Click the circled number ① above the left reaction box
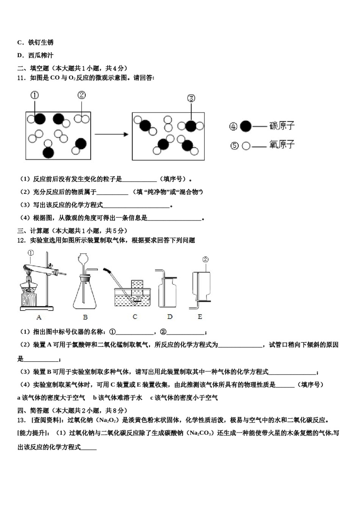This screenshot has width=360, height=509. tap(34, 95)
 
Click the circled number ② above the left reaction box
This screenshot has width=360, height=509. tap(81, 95)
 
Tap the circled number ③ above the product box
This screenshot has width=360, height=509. tap(191, 98)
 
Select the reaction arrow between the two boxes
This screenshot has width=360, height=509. tap(111, 134)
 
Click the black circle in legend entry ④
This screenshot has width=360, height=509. tap(246, 126)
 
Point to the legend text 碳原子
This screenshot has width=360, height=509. tap(282, 126)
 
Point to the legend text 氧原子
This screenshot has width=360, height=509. tap(282, 144)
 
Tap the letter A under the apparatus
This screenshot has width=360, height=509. tap(39, 317)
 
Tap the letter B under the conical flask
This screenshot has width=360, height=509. tap(85, 317)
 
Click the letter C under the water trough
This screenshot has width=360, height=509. tap(135, 317)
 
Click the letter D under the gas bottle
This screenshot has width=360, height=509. tap(169, 317)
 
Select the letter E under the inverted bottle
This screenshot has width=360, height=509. tap(200, 317)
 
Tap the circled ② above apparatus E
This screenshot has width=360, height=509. tap(205, 259)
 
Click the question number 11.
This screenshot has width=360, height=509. tap(21, 78)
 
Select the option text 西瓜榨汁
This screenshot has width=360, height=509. tap(41, 55)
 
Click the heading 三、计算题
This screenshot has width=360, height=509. tap(33, 231)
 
